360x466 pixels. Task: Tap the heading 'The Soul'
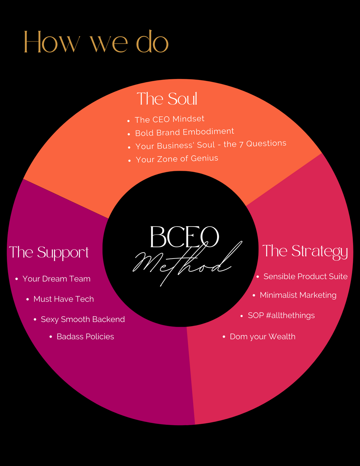[x=167, y=99]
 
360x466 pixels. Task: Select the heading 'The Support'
[x=49, y=252]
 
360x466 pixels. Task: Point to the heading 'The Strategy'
[x=305, y=251]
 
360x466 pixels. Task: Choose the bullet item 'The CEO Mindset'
[x=169, y=119]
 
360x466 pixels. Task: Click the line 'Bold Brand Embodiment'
[x=184, y=132]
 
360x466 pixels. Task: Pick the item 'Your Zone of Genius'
[x=177, y=159]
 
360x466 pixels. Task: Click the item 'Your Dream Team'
[x=56, y=279]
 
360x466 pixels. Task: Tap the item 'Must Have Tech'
[x=63, y=299]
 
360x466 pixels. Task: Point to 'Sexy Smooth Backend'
[x=83, y=319]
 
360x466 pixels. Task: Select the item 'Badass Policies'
[x=85, y=337]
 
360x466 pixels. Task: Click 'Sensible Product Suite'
[x=305, y=276]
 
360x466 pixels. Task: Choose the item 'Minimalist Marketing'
[x=298, y=295]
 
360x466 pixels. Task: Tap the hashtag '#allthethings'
[x=290, y=315]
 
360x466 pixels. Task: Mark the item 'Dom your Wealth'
[x=262, y=337]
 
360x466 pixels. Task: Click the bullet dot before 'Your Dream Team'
[x=17, y=279]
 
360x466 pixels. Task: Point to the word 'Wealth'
[x=282, y=337]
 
